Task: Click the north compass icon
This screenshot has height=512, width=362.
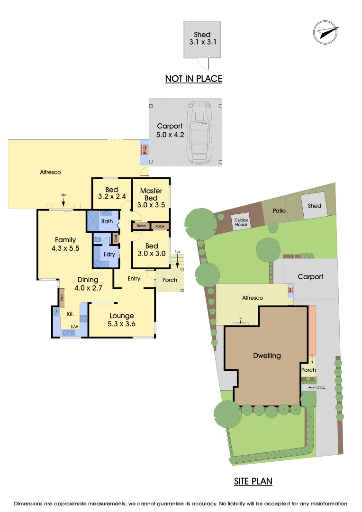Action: (326, 33)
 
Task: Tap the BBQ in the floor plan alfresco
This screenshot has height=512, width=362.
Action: (145, 150)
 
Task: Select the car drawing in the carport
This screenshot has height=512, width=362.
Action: (199, 131)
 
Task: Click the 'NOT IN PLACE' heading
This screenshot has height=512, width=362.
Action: (193, 79)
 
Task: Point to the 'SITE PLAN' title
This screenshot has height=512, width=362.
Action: (253, 482)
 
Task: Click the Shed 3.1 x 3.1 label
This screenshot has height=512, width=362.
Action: (202, 38)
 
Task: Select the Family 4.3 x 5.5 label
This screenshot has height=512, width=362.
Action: (65, 244)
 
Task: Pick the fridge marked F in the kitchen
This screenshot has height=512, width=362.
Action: (56, 312)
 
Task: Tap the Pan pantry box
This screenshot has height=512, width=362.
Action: (62, 298)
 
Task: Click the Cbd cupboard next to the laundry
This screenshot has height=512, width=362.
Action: (115, 238)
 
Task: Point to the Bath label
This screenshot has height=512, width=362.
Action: (107, 221)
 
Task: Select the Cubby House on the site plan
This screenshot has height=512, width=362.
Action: (241, 221)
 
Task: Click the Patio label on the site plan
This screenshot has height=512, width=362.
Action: (280, 210)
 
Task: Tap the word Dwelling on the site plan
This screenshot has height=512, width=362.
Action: (267, 356)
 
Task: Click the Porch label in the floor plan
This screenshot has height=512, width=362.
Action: (170, 280)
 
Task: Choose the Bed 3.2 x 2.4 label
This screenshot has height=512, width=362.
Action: (111, 193)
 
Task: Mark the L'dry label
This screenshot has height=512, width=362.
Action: (109, 255)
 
